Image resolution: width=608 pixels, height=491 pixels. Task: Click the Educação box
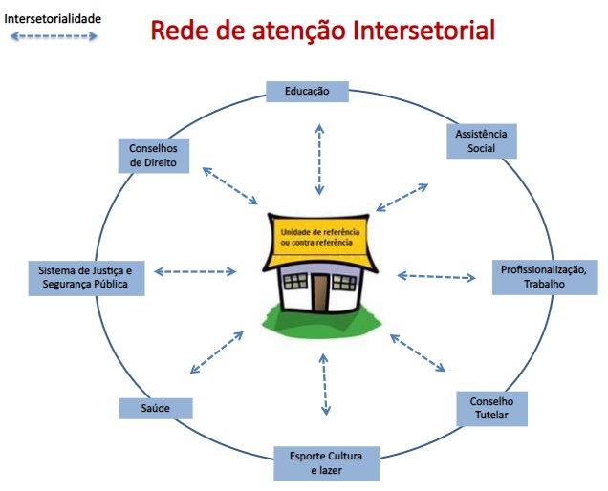point(307,92)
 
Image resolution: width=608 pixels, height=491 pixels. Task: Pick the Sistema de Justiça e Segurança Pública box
point(85,276)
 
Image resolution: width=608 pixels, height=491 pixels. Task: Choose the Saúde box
point(156,408)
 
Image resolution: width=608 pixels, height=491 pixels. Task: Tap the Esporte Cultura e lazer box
point(327,463)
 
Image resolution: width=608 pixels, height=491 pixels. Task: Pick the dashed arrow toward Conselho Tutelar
point(419,352)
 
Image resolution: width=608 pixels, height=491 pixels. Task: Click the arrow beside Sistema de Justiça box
point(195,272)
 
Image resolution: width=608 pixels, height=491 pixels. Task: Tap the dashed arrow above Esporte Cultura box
point(326,384)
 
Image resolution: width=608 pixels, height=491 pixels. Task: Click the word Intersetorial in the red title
point(423,31)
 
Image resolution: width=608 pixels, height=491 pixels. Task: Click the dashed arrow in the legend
point(54,36)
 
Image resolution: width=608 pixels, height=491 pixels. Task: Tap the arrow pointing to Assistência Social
point(402,197)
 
